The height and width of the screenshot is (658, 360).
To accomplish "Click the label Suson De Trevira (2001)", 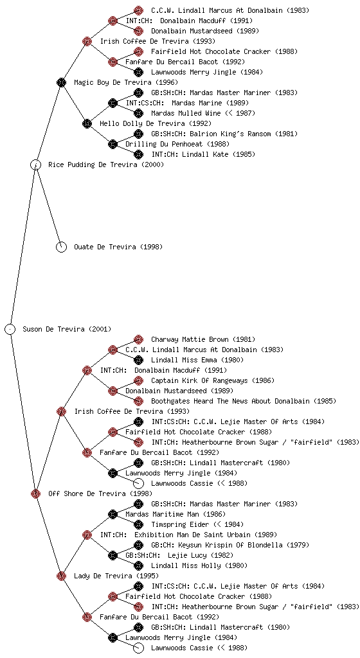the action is (x=67, y=329).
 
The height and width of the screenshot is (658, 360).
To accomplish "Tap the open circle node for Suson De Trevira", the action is (x=10, y=329).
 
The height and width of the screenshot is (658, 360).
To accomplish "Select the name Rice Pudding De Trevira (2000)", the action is (x=106, y=164).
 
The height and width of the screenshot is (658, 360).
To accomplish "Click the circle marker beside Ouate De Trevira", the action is (x=61, y=247).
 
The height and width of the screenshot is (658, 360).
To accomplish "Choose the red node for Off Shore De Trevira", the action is (x=35, y=493).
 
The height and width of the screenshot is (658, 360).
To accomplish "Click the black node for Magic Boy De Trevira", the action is (x=61, y=82).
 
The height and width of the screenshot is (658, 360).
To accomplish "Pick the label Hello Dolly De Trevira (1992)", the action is (x=156, y=123).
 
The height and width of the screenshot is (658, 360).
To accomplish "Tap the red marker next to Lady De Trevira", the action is (x=61, y=576).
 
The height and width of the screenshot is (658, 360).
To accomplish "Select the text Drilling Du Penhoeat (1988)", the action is (x=177, y=144).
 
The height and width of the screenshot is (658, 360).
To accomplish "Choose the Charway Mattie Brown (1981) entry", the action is (x=203, y=339).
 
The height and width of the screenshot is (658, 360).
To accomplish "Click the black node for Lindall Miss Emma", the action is (x=138, y=360).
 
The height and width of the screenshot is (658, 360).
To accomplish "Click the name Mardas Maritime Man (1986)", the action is (x=175, y=514).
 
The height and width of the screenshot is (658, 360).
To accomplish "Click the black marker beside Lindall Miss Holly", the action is (x=138, y=565).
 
